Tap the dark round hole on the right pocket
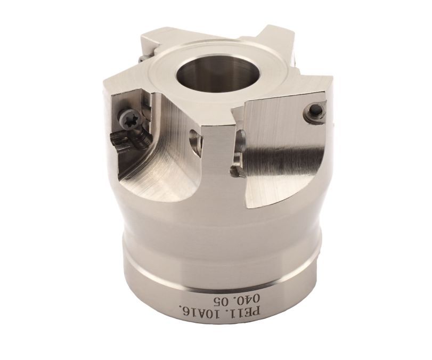[315, 111]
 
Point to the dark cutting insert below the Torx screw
[130, 141]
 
